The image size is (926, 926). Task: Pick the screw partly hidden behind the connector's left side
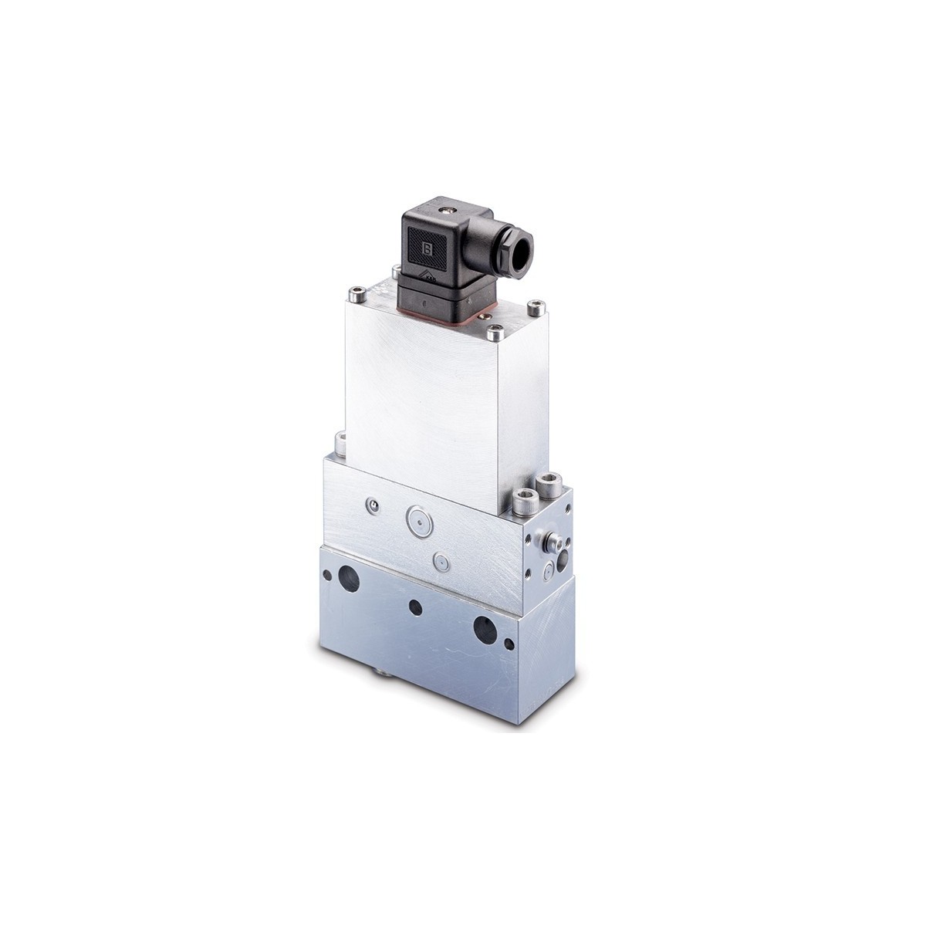(x=396, y=270)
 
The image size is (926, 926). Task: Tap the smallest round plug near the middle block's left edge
(x=374, y=505)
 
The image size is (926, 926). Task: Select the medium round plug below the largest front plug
(x=441, y=561)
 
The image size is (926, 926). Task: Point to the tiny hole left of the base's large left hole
(x=328, y=573)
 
